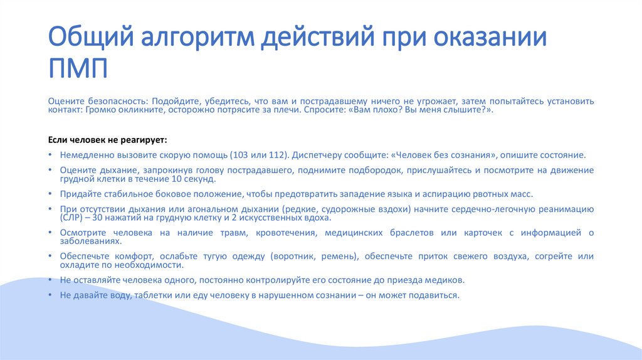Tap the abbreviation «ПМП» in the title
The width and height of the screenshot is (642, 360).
point(78,68)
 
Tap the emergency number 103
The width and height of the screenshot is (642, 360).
point(239,154)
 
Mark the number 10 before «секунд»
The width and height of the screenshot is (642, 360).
point(178,179)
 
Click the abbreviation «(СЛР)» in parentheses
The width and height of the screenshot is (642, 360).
point(71,218)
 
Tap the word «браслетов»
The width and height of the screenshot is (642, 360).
point(423,233)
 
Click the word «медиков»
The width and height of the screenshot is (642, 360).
point(448,280)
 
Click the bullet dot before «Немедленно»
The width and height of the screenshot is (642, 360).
point(50,155)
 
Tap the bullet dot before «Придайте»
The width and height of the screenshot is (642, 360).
point(50,194)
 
